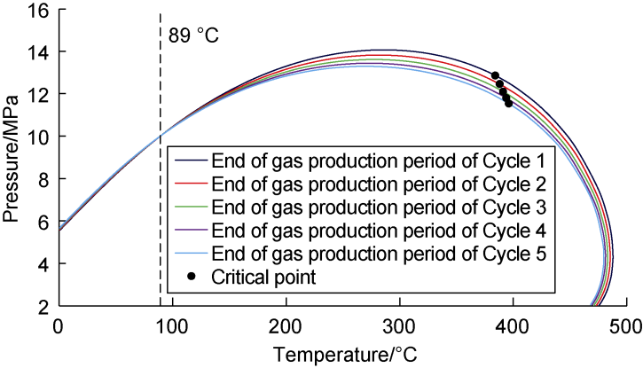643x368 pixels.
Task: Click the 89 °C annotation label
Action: coord(192,36)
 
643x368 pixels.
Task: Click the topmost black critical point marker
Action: coord(495,75)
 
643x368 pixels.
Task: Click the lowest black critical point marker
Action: coord(508,104)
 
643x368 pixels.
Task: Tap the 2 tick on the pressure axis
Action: coord(43,307)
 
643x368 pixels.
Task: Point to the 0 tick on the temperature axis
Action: coord(58,326)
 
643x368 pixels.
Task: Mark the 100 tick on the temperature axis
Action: coord(171,326)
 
